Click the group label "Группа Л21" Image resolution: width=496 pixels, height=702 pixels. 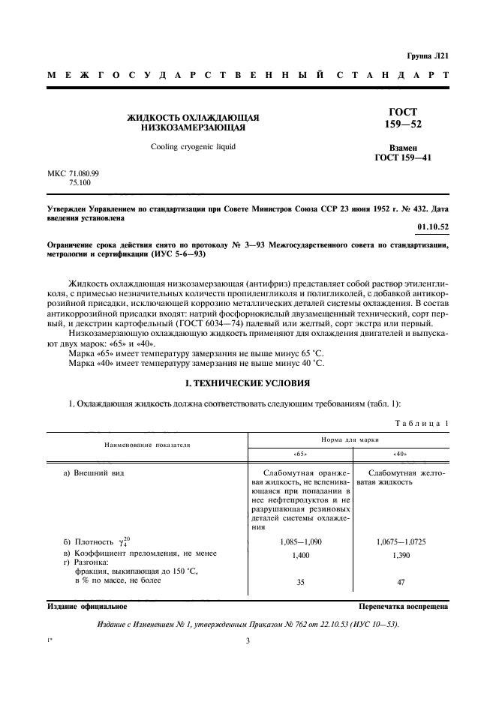428,55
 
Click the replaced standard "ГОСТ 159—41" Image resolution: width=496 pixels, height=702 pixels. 405,158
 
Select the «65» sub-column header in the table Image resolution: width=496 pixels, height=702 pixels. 299,454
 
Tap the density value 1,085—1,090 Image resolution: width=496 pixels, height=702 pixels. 299,541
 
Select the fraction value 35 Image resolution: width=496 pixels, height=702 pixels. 299,581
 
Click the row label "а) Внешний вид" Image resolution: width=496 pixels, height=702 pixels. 94,473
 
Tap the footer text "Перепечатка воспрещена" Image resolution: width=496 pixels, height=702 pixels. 403,605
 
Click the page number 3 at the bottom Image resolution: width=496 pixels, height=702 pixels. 247,640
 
